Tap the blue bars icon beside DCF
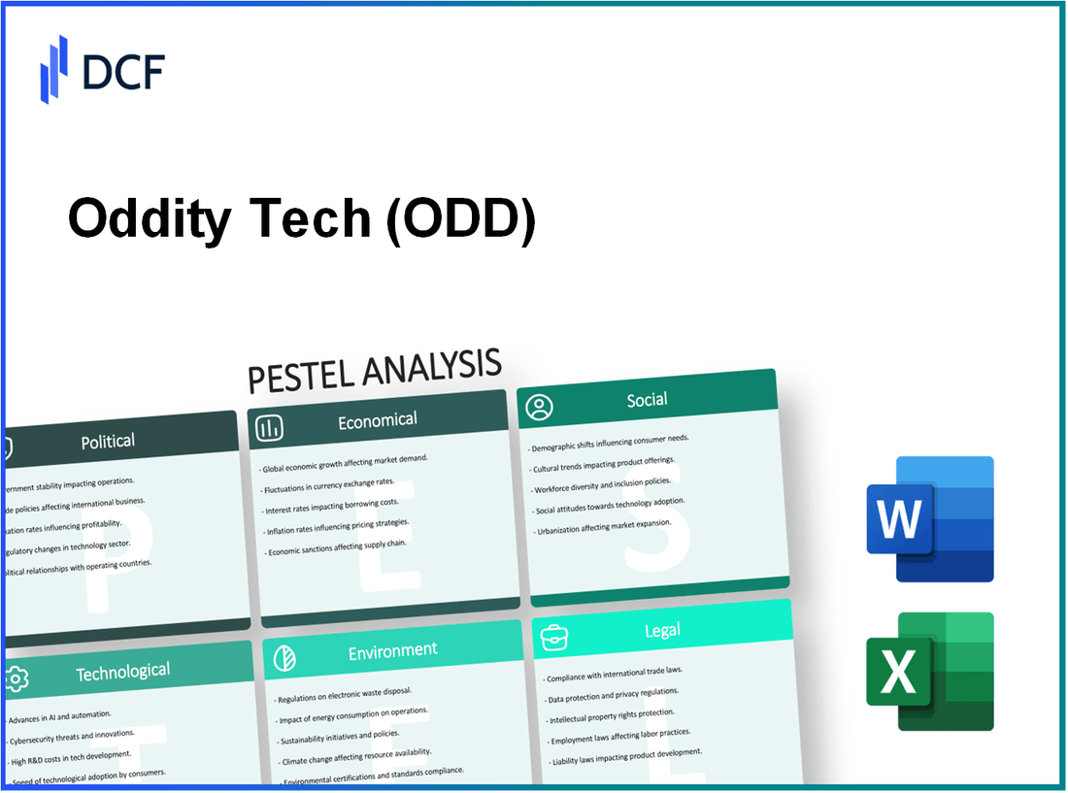click(x=53, y=69)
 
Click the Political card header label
click(x=108, y=442)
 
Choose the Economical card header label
click(x=377, y=420)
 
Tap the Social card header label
click(x=647, y=400)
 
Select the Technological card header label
click(x=122, y=671)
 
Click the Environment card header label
click(x=392, y=650)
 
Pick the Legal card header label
click(x=662, y=631)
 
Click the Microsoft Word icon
click(x=929, y=519)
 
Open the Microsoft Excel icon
click(x=929, y=672)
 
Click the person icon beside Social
click(x=539, y=407)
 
